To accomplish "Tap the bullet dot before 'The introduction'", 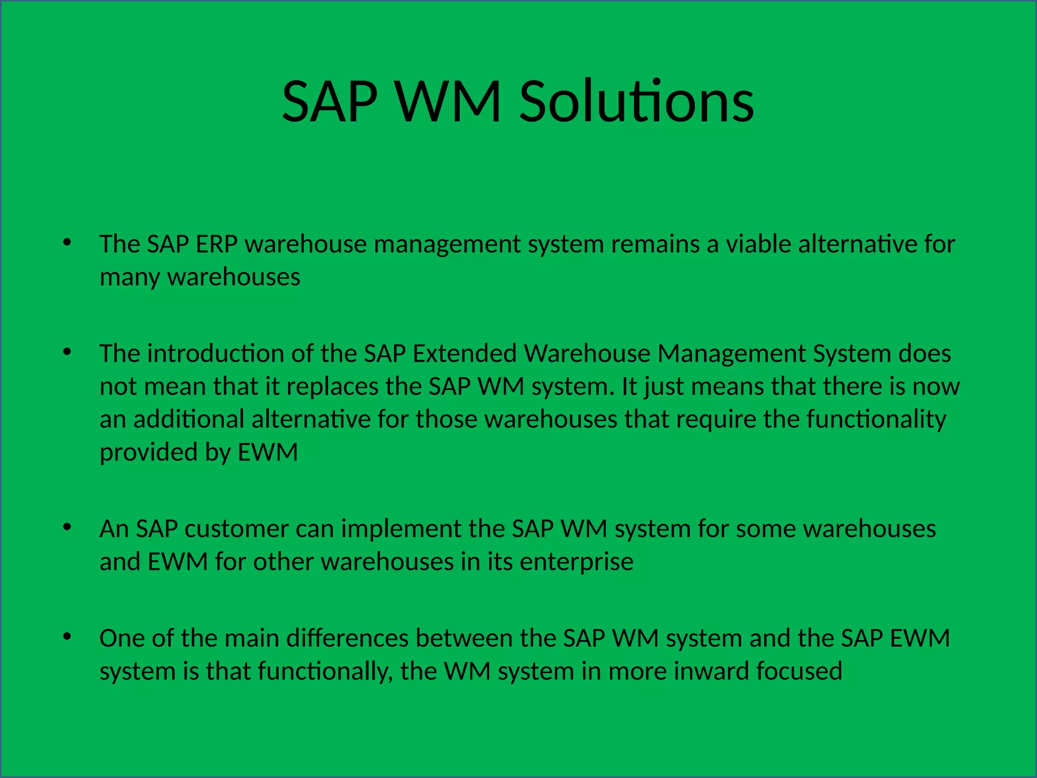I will (67, 352).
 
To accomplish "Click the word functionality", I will (876, 420).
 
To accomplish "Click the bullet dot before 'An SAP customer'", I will (67, 527).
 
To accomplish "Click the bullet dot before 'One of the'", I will (67, 636).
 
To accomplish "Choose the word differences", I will (347, 639).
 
